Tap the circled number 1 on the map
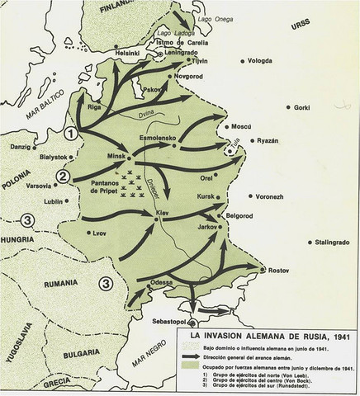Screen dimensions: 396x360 click(x=73, y=133)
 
